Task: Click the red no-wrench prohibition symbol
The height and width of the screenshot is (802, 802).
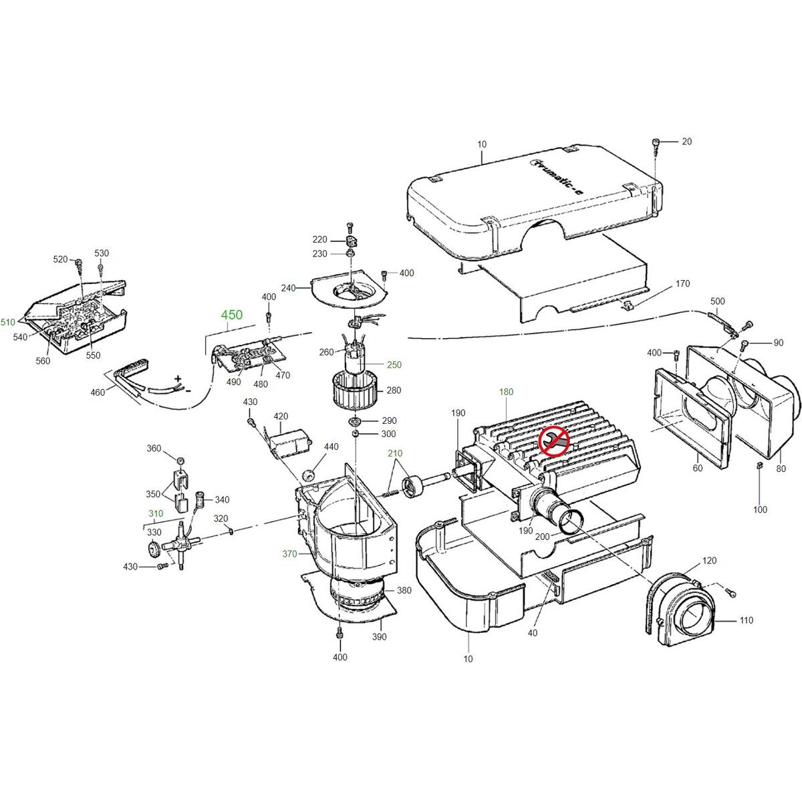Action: coord(554,441)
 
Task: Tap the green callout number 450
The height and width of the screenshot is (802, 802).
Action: coord(232,315)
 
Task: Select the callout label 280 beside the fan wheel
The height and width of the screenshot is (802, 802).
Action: coord(394,390)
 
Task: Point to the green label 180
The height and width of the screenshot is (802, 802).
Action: coord(506,392)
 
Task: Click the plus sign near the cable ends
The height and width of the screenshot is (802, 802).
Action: coord(178,379)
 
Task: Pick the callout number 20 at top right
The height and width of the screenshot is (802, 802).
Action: coord(687,142)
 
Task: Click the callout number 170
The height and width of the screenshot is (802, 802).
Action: coord(682,283)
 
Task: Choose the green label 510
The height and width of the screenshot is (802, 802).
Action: coord(8,321)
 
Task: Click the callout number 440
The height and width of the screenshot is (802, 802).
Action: coord(331,446)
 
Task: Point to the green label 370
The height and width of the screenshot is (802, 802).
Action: coord(289,553)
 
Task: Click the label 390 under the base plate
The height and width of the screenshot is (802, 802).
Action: coord(379,636)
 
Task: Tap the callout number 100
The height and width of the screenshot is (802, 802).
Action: coord(760,509)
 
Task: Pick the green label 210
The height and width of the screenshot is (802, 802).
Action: coord(395,453)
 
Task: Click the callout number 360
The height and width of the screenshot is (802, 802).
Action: coord(154,448)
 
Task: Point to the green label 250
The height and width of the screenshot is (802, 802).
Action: coord(394,365)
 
